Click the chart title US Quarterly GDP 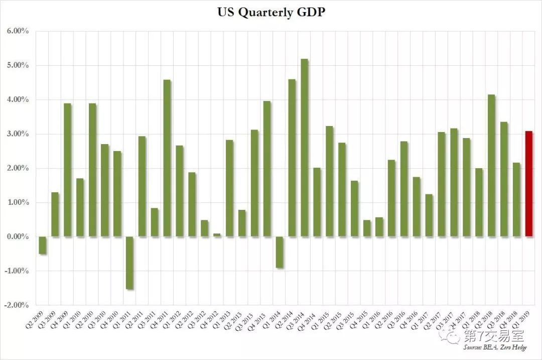[x=270, y=12]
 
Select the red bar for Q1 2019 [x=529, y=183]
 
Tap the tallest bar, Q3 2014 [x=304, y=148]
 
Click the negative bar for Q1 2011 [x=129, y=263]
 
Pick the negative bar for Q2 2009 [x=43, y=245]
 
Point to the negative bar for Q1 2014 [x=279, y=252]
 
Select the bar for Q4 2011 [x=167, y=158]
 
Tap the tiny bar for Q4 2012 [x=216, y=235]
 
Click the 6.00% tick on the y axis [x=18, y=32]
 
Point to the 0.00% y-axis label [x=18, y=236]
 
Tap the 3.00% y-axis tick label [x=18, y=134]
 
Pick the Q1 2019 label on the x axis [x=525, y=322]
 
